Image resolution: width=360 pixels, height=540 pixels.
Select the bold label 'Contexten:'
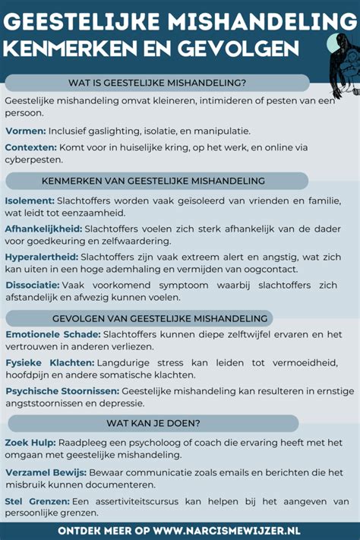click(31, 147)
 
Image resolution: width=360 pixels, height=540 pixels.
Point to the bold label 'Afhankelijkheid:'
click(43, 228)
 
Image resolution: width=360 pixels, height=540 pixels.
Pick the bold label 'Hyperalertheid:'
click(41, 257)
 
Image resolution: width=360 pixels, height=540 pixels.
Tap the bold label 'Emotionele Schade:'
click(52, 335)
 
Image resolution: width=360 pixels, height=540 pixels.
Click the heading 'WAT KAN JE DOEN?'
click(159, 423)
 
